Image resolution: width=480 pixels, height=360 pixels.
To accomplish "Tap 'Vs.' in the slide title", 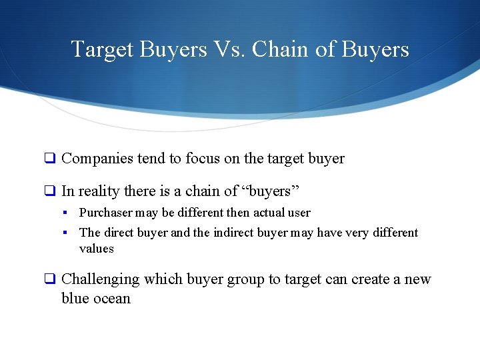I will [227, 49].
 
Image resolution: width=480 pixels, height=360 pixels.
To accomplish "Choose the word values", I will [97, 249].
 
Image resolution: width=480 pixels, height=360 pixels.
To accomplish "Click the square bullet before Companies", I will [49, 159].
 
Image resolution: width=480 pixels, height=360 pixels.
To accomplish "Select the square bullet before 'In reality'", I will [49, 192].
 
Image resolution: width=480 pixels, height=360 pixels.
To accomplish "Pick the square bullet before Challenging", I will [49, 280].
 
